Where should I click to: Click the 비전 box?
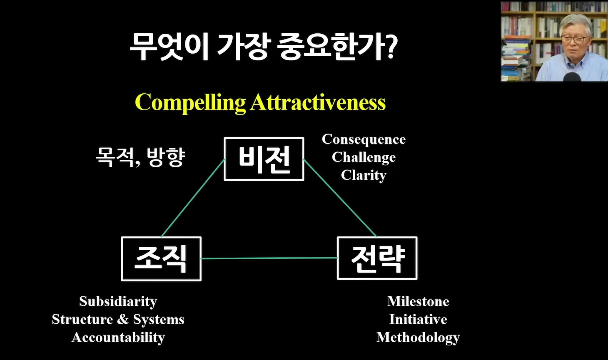264,159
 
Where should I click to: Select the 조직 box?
161,259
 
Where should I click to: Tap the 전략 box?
377,258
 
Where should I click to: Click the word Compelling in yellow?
190,103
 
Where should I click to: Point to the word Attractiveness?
318,102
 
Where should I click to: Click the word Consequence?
364,139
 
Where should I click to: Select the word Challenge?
364,158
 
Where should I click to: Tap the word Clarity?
364,175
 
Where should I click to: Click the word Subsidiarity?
118,302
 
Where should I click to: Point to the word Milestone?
418,301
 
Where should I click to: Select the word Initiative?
418,319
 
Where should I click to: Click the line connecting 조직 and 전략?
269,258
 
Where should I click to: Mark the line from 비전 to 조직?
193,198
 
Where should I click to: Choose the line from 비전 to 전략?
340,198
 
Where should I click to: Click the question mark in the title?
391,46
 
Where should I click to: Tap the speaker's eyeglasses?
574,40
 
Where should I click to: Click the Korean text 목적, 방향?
141,157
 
